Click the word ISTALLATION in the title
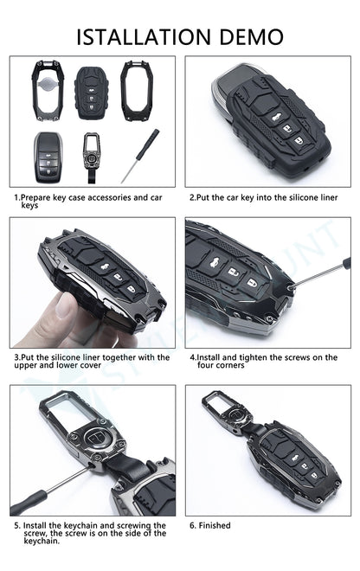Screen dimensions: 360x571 tap(144, 37)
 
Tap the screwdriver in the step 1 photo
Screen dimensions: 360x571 tap(141, 155)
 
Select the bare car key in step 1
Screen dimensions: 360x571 tap(48, 157)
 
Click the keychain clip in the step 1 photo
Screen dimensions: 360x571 tap(91, 157)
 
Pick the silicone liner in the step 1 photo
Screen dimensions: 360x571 tap(92, 93)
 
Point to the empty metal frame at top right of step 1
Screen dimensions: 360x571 tap(137, 91)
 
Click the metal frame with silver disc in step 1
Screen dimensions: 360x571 tap(48, 90)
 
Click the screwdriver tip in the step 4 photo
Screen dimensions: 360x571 tap(291, 287)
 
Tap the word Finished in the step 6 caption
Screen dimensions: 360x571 tap(215, 525)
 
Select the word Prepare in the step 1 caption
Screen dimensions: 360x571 tap(35, 198)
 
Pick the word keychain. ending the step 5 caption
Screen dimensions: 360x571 tap(42, 541)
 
